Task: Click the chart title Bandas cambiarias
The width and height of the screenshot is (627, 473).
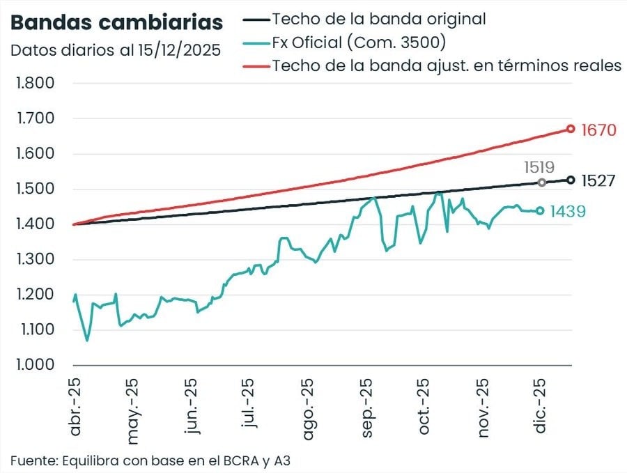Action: tap(116, 22)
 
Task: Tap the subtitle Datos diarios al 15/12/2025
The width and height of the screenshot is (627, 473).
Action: tap(115, 50)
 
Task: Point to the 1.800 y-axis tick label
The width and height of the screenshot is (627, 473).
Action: tap(35, 84)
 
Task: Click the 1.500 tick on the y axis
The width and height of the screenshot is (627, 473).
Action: tap(35, 189)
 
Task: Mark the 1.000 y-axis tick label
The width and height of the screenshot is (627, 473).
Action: tap(35, 365)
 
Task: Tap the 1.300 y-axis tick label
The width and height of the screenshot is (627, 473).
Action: tap(35, 260)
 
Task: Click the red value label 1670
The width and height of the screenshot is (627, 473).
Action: tap(598, 130)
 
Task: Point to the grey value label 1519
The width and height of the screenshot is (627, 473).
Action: tap(539, 167)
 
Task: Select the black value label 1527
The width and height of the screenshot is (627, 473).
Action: tap(598, 181)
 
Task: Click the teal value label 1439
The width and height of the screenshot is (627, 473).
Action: tap(568, 211)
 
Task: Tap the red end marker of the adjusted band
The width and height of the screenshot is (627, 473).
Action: tap(571, 129)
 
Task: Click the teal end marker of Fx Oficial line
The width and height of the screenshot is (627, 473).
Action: tap(539, 210)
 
